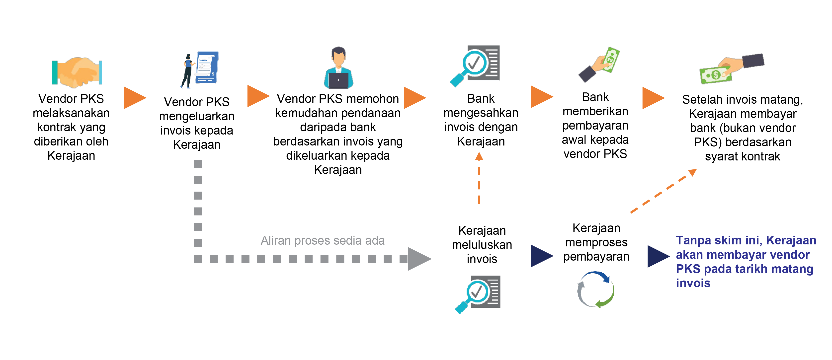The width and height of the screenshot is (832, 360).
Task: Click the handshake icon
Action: [x=77, y=72]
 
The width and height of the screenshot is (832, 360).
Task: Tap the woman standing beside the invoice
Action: [x=187, y=71]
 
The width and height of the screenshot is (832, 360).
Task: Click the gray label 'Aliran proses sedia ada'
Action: [x=322, y=240]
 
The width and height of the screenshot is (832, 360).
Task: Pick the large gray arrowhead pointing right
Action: [x=418, y=259]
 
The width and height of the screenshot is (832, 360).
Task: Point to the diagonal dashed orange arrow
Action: [x=664, y=191]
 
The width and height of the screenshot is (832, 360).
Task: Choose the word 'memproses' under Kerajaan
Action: [x=596, y=242]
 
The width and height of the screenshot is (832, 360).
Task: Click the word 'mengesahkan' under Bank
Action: [x=481, y=113]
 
